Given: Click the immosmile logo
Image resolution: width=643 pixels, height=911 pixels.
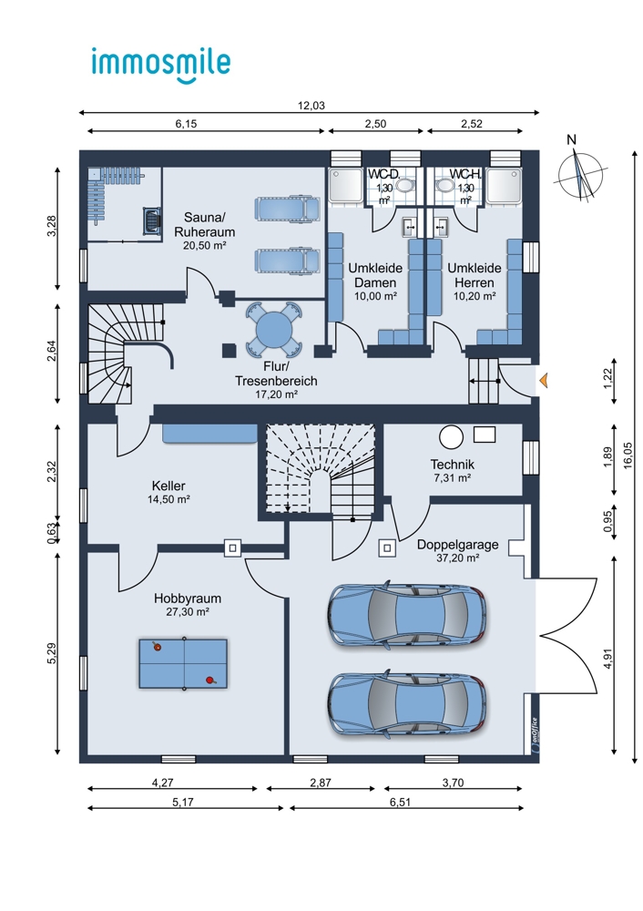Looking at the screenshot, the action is (161, 64).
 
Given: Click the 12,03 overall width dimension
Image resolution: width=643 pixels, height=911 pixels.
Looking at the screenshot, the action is (311, 106).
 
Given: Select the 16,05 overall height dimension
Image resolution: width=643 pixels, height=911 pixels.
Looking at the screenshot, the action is (628, 456).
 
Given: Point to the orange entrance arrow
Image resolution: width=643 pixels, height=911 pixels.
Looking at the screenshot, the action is (544, 381).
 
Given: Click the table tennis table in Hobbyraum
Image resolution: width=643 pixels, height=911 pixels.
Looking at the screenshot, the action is (183, 663).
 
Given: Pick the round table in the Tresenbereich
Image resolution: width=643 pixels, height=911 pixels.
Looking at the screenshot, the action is (275, 329).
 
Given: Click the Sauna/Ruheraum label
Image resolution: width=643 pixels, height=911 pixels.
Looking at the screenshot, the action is (204, 225).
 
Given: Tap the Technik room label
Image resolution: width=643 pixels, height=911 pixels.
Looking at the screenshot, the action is (452, 465).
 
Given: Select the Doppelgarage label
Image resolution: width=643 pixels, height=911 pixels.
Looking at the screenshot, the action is (458, 545).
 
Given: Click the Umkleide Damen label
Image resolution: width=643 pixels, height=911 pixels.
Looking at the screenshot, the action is (375, 275).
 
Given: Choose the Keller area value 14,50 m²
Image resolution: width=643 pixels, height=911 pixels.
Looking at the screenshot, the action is (168, 499).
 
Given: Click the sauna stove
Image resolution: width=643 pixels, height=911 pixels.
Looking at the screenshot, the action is (152, 220).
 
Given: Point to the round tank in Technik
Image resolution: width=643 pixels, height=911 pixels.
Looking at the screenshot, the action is (452, 437).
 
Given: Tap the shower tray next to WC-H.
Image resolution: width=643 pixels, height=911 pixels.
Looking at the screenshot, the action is (505, 186).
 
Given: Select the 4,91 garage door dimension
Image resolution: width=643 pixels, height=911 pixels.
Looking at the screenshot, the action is (608, 659).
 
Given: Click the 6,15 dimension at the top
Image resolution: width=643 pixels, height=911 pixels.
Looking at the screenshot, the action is (186, 124).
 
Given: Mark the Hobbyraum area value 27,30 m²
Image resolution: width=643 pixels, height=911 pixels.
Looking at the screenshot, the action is (187, 612).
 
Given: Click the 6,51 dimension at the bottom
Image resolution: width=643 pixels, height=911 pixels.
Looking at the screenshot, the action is (400, 803).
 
